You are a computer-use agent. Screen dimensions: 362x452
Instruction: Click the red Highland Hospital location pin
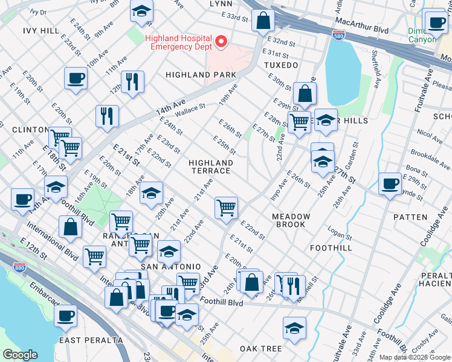pos(221,42)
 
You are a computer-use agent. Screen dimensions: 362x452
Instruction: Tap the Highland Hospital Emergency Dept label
pos(179,42)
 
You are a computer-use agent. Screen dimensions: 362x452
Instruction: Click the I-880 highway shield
pos(21,265)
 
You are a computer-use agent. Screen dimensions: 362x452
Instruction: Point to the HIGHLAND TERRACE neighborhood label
pos(210,167)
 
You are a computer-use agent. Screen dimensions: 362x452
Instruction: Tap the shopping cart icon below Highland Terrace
pos(226,208)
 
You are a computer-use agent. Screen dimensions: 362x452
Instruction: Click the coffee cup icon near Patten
pos(390,183)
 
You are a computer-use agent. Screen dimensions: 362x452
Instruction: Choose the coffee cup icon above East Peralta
pos(65,315)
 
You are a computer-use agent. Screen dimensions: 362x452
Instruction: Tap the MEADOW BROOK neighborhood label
pos(291,220)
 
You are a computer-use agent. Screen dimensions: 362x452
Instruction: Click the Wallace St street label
pos(190,109)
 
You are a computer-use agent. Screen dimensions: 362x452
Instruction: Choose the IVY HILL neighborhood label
pos(41,30)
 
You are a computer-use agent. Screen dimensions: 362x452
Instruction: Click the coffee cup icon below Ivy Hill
pos(76,78)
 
